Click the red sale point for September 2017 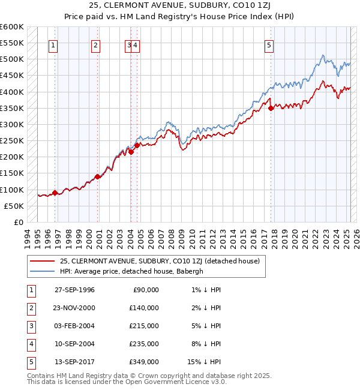pos(271,109)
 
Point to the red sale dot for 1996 pos(55,193)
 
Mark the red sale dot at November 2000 pos(98,176)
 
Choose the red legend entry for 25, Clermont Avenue pos(159,261)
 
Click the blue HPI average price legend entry pos(131,271)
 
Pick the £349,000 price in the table pos(145,362)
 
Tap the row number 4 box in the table pos(31,344)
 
